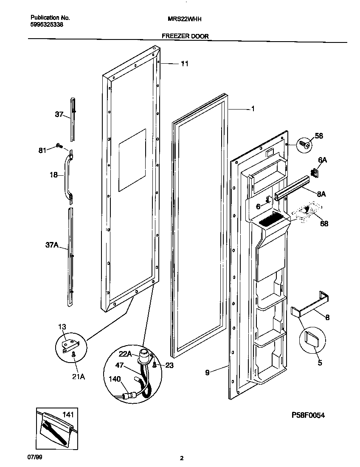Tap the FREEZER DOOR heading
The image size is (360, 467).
pos(185,37)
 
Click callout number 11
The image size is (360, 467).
pos(184,64)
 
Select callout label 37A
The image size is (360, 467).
pos(51,245)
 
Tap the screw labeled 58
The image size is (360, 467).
pos(304,144)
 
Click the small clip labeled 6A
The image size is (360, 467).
pos(315,172)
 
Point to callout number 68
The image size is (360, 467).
pos(324,224)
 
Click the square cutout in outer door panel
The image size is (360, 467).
pos(132,159)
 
